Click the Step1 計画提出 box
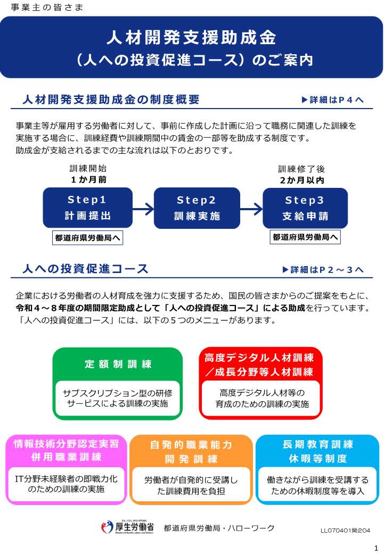[88, 208]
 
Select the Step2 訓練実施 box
[197, 208]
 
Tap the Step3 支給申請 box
[305, 208]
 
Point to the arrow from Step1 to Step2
[143, 209]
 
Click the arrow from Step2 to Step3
[251, 209]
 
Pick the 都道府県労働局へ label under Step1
[88, 238]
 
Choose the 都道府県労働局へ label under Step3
[305, 237]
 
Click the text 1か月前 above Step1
[88, 180]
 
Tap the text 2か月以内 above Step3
[302, 180]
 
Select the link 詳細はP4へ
[332, 100]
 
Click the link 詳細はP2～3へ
[323, 270]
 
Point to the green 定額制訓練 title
[118, 364]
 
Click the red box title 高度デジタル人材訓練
[259, 358]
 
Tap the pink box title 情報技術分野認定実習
[66, 444]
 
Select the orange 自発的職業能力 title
[191, 444]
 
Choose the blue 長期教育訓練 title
[318, 444]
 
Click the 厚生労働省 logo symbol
[107, 527]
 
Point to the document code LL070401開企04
[345, 531]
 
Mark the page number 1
[376, 548]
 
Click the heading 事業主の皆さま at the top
[47, 7]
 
